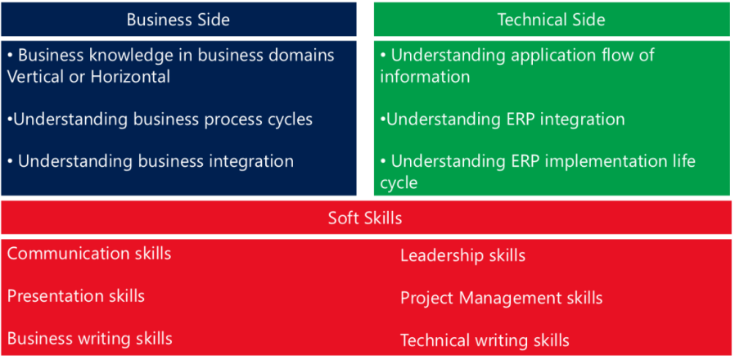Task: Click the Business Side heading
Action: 178,20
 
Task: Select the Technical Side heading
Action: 552,20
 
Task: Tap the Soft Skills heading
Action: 365,218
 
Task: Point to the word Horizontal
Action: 130,76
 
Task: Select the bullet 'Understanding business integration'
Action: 151,161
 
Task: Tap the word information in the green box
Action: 425,76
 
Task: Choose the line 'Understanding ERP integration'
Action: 502,119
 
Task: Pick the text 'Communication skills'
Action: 89,254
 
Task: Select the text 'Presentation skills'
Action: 76,296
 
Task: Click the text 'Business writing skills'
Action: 89,339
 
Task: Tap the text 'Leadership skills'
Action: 462,255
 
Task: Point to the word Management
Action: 511,298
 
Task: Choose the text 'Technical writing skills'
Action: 485,340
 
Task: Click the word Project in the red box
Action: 426,298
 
